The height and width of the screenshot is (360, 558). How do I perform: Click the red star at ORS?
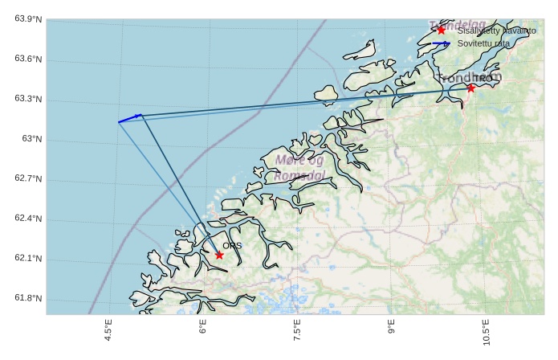[x=219, y=255]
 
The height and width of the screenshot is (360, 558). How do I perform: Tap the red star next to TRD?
[x=470, y=88]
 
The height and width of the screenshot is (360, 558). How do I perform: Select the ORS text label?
[x=232, y=246]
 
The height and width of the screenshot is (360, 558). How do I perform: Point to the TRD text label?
[x=482, y=79]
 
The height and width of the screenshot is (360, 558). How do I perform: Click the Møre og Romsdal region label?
[x=299, y=168]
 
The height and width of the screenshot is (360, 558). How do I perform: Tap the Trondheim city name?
[x=470, y=77]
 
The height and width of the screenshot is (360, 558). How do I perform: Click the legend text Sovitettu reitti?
[x=483, y=43]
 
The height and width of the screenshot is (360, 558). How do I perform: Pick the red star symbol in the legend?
[x=441, y=31]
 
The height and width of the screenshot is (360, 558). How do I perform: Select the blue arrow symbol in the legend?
[x=440, y=43]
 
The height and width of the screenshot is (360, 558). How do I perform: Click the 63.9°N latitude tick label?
[x=28, y=19]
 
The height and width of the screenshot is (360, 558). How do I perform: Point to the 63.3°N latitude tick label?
[x=28, y=100]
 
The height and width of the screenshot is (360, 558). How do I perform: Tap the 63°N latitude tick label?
[x=32, y=139]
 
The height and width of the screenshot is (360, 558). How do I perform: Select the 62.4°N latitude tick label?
[x=28, y=219]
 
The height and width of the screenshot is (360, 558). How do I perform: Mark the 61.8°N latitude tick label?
[x=28, y=299]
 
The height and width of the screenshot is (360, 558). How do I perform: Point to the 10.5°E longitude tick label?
[x=487, y=332]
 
